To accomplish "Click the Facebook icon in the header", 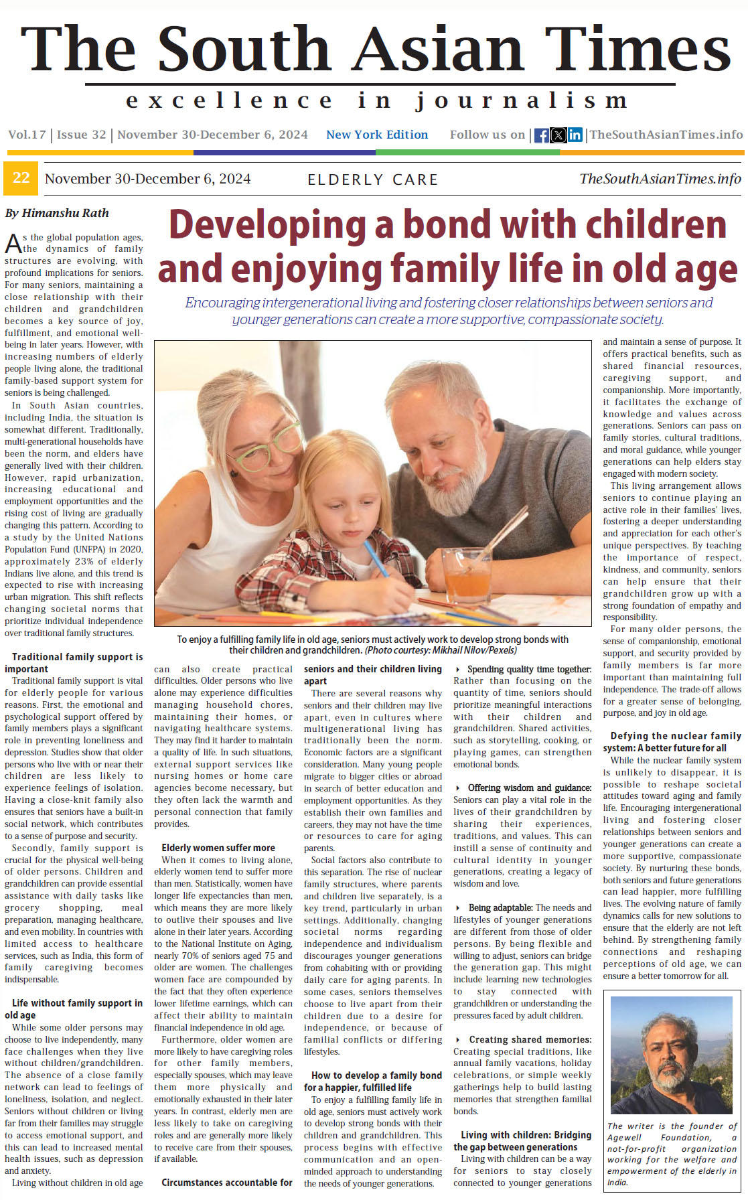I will [x=541, y=135].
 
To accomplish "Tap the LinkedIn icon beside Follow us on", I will [x=575, y=135].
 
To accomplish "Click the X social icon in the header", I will [x=558, y=135].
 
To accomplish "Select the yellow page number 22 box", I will [x=21, y=178].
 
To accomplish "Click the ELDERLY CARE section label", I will [x=372, y=179].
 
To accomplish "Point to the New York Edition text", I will [x=377, y=135].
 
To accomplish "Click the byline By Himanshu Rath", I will [x=57, y=213].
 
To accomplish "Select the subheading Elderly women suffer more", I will [x=218, y=848].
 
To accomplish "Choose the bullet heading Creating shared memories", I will [x=530, y=1039].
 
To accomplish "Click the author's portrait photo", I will [x=672, y=1055].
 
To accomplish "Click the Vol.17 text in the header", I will [x=27, y=135].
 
